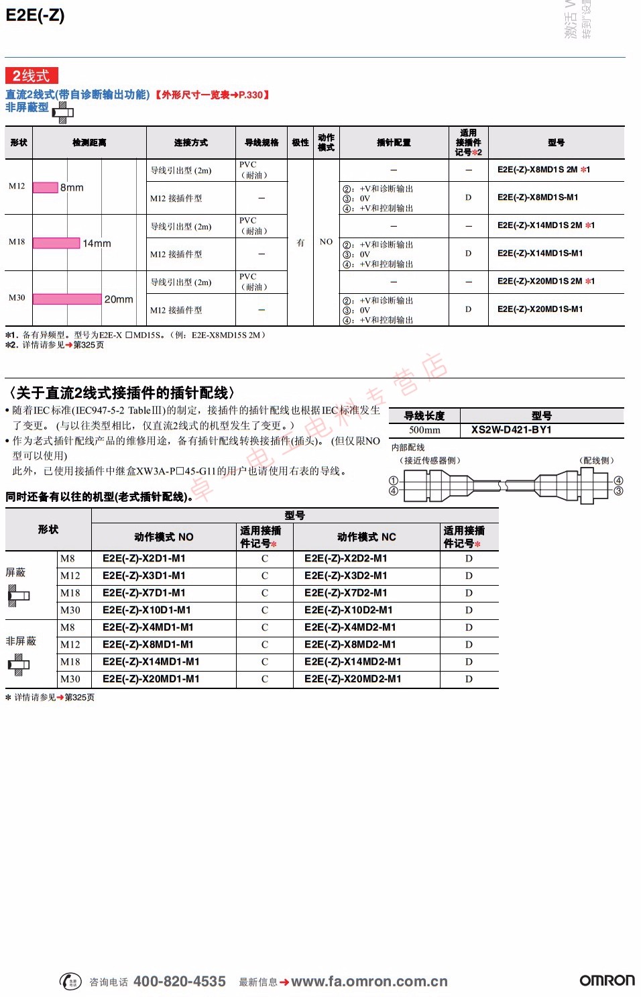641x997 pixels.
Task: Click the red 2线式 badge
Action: click(32, 76)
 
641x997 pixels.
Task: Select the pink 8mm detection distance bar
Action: click(46, 187)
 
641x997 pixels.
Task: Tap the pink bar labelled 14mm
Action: click(56, 244)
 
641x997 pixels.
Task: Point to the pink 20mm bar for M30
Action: click(67, 299)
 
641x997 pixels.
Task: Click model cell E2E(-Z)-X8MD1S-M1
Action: click(538, 197)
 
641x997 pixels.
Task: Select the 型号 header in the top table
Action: click(556, 142)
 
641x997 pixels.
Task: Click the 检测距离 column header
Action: click(89, 142)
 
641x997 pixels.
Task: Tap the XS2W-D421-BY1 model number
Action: click(511, 429)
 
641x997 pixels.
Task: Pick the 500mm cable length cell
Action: click(424, 430)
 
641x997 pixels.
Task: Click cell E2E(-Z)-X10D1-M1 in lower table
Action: click(146, 610)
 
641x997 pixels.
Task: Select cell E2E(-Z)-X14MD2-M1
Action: click(353, 662)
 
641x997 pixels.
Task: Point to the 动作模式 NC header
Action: click(366, 537)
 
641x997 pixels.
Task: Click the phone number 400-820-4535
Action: click(180, 982)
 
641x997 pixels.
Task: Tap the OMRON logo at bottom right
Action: click(607, 980)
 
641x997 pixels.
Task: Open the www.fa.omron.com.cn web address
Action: click(369, 982)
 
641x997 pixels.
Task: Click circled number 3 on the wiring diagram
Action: click(618, 491)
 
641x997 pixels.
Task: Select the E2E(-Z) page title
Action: click(35, 15)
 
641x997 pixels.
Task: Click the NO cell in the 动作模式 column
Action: click(326, 242)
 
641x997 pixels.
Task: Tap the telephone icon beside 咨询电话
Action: click(71, 982)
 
